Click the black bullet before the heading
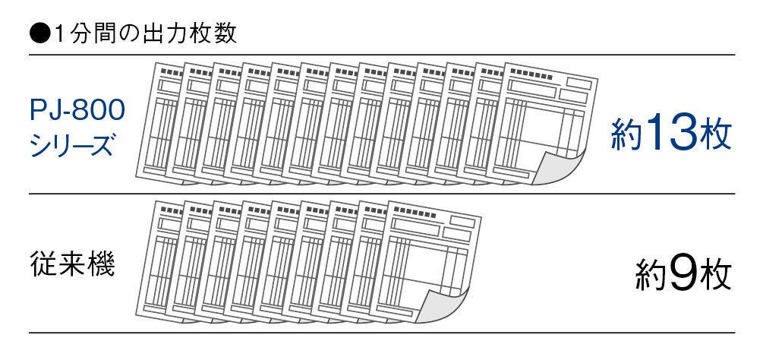coord(38,33)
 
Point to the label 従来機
coord(73,265)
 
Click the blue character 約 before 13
coord(626,136)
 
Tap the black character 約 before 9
coord(650,276)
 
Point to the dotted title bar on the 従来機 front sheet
coord(415,213)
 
